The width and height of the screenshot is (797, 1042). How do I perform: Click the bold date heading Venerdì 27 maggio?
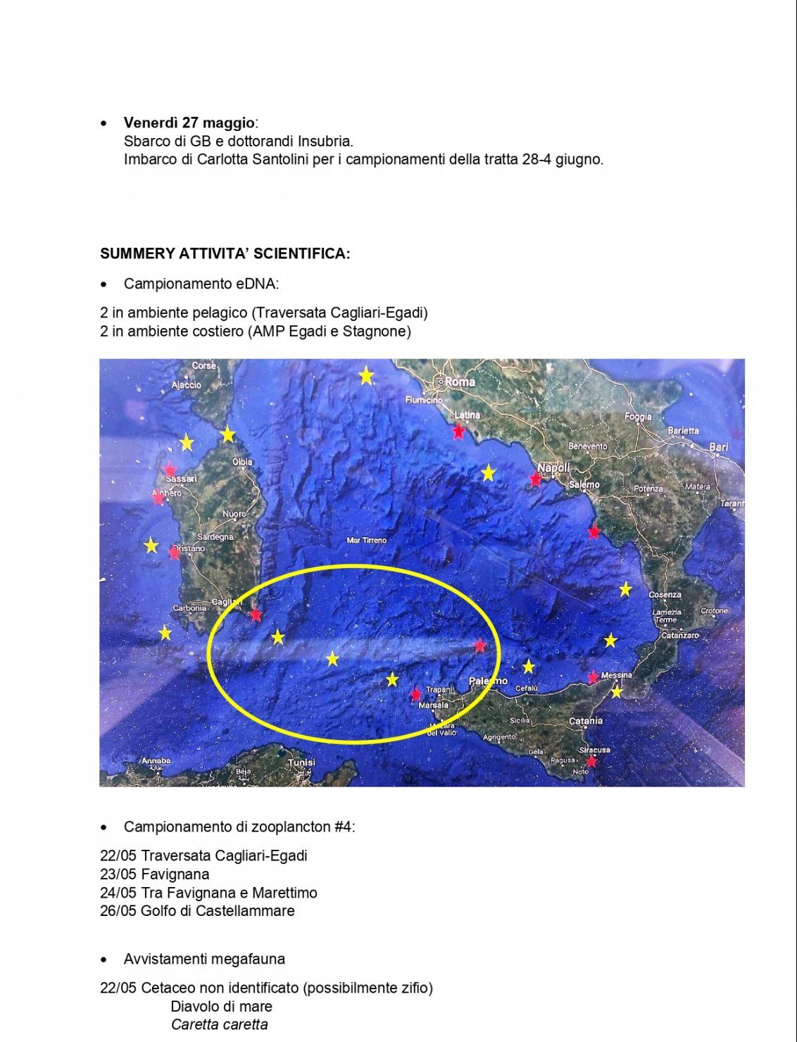point(189,123)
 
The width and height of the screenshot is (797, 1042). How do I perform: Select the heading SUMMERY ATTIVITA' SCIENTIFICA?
point(225,253)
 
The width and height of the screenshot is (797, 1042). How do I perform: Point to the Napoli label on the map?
point(553,468)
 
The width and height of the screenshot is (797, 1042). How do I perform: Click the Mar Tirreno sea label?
point(367,541)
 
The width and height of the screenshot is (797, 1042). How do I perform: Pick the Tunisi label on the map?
point(301,762)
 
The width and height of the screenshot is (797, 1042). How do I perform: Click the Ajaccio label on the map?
point(186,385)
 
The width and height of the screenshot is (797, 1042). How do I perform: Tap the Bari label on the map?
point(719,447)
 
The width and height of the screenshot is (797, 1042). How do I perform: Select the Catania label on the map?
point(585,721)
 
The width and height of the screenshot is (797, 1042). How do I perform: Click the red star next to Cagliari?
point(256,615)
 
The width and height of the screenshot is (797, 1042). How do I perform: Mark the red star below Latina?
point(458,431)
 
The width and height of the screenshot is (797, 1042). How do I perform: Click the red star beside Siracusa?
point(591,761)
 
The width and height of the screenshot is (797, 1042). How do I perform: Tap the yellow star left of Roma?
point(365,376)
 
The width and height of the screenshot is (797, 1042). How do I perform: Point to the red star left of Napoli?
point(535,479)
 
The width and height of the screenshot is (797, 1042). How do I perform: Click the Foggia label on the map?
point(638,417)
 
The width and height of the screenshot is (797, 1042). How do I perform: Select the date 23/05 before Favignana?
point(118,874)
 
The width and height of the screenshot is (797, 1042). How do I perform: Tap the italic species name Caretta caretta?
point(219,1024)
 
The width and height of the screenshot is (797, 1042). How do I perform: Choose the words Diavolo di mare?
point(221,1006)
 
